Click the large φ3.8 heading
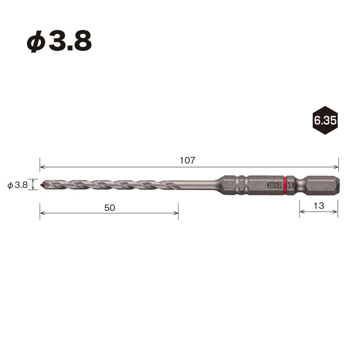click(59, 41)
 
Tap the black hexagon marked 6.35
click(325, 120)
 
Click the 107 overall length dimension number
click(187, 160)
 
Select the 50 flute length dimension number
click(110, 208)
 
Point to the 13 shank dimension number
click(319, 206)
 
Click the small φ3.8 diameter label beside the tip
click(17, 185)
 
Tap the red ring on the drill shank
click(285, 186)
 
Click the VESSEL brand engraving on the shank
click(274, 186)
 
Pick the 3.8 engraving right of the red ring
click(291, 186)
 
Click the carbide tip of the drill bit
click(46, 184)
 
